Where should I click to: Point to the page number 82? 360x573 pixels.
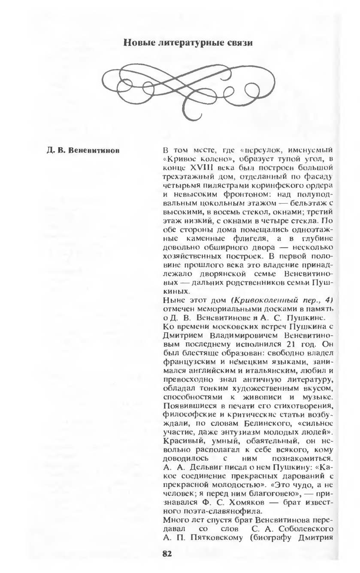click(x=167, y=554)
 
